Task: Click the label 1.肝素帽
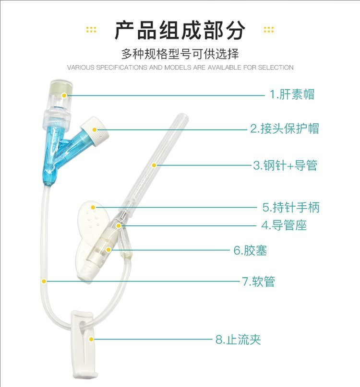coord(291,94)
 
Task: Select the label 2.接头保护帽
coord(284,129)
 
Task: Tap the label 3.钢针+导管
coord(285,166)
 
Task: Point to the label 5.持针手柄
coord(290,208)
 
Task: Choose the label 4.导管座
coord(284,225)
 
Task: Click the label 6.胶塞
coord(250,250)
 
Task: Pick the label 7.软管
coord(258,281)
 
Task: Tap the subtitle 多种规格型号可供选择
coord(180,53)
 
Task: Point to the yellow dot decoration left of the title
coord(91,30)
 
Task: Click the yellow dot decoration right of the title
coord(268,30)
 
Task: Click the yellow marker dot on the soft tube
coord(44,281)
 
